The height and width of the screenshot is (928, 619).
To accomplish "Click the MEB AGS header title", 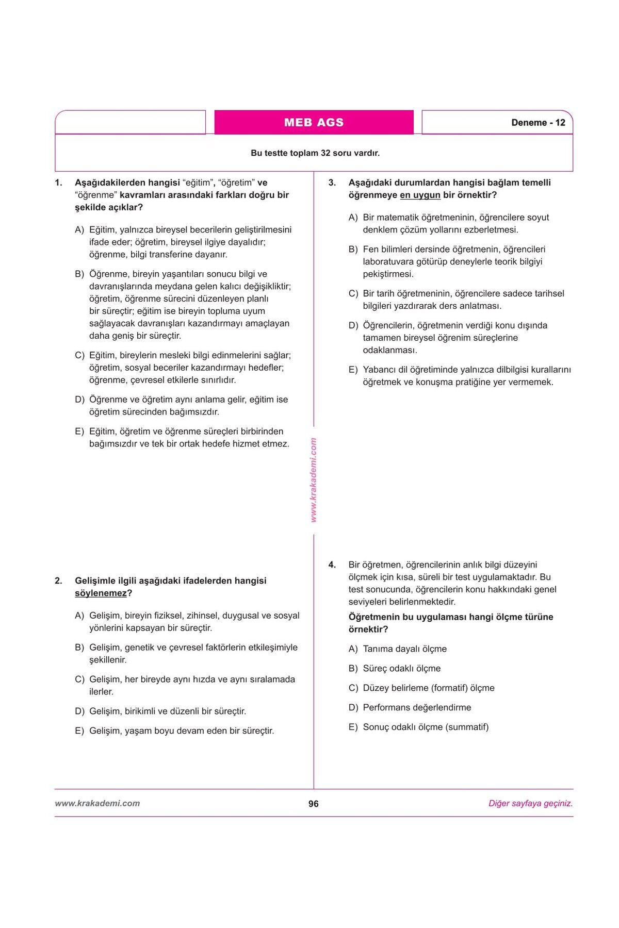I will tap(314, 123).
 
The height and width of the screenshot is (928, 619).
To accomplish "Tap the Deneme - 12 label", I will tap(538, 123).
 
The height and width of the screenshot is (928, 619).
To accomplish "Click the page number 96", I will tap(314, 804).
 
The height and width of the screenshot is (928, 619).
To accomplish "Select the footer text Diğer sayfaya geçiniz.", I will tap(530, 803).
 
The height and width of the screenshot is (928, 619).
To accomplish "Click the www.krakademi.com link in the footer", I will tap(97, 803).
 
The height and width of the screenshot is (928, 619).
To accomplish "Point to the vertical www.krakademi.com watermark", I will tap(314, 480).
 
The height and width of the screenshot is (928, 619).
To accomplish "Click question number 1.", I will tap(59, 183).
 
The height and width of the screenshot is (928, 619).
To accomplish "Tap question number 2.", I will tap(59, 581).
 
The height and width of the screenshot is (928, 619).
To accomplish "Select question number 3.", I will tap(332, 183).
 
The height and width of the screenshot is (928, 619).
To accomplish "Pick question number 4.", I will tap(332, 565).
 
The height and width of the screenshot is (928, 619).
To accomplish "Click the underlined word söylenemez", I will tap(101, 593).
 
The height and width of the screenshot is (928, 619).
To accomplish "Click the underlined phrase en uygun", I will tap(420, 195).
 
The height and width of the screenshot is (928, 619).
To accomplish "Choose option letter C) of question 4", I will tap(353, 688).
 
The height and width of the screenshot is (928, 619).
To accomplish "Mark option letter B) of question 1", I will tap(79, 274).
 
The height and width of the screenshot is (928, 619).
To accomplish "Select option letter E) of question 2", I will tap(79, 731).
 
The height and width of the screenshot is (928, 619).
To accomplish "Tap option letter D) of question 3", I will tap(353, 326).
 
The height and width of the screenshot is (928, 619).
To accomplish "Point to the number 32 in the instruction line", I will tap(325, 153).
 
